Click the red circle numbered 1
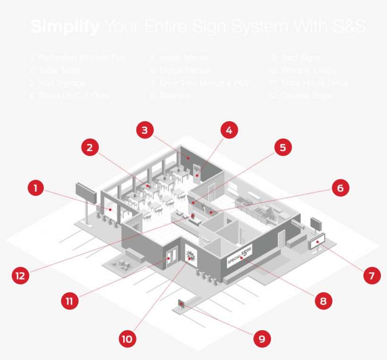pyautogui.click(x=35, y=189)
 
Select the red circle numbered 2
pyautogui.click(x=90, y=148)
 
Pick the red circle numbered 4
pyautogui.click(x=228, y=131)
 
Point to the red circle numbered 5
pyautogui.click(x=282, y=148)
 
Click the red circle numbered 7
pyautogui.click(x=371, y=275)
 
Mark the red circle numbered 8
pyautogui.click(x=323, y=301)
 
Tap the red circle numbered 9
pyautogui.click(x=261, y=338)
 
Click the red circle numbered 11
pyautogui.click(x=70, y=301)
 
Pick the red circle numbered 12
pyautogui.click(x=20, y=275)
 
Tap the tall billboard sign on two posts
pyautogui.click(x=86, y=193)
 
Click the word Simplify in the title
pyautogui.click(x=65, y=27)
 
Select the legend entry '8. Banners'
pyautogui.click(x=170, y=96)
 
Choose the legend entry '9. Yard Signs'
pyautogui.click(x=296, y=58)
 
